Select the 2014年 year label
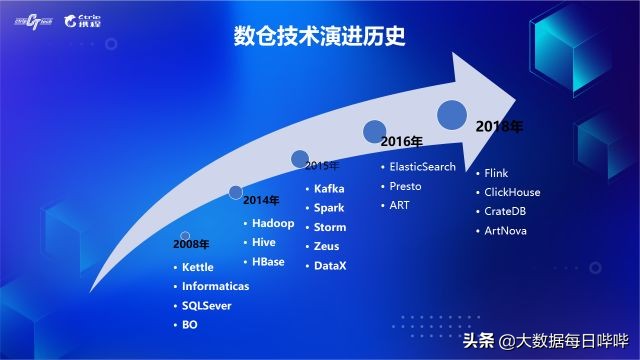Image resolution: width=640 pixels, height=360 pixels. click(x=262, y=200)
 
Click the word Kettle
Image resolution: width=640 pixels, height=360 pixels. click(x=198, y=267)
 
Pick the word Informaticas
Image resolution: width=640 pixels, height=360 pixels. click(x=216, y=286)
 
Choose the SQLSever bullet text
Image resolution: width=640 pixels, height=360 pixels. click(x=207, y=305)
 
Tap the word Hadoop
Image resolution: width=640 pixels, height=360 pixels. click(x=274, y=223)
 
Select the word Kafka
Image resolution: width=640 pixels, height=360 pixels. click(x=330, y=188)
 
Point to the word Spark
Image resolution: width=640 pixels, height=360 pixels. click(x=329, y=207)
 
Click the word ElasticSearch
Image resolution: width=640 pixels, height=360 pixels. click(x=422, y=166)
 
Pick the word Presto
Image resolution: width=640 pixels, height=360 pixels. click(x=406, y=185)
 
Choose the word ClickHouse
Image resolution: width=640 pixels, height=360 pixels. click(x=512, y=192)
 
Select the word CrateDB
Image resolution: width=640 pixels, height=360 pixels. click(x=506, y=211)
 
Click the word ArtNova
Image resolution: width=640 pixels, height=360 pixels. click(x=506, y=231)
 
